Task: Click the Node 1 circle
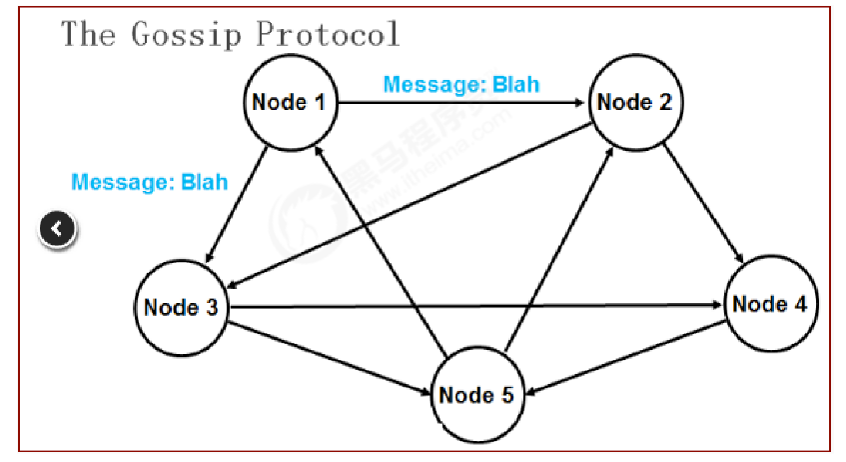[292, 102]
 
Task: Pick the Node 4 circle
[769, 304]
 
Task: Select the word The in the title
[90, 34]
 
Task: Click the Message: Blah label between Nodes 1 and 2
[461, 84]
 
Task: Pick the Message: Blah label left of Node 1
[149, 182]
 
